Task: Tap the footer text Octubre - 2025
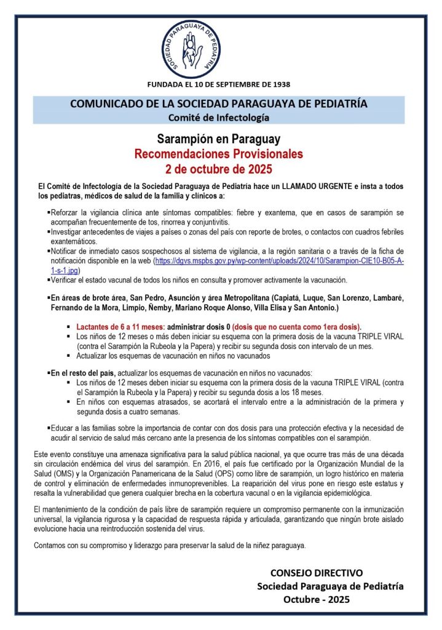(316, 599)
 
